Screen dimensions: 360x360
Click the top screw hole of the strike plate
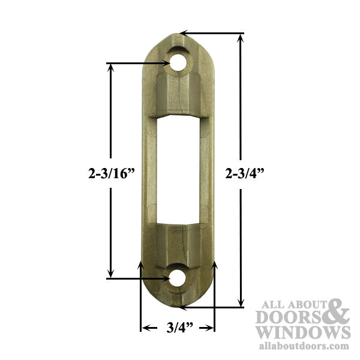pyautogui.click(x=178, y=62)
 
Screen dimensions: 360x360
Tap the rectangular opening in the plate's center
pyautogui.click(x=178, y=170)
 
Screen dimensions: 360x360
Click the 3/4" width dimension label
pyautogui.click(x=178, y=328)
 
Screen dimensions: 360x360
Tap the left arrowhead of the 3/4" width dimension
pyautogui.click(x=145, y=328)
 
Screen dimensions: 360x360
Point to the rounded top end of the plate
pyautogui.click(x=178, y=39)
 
